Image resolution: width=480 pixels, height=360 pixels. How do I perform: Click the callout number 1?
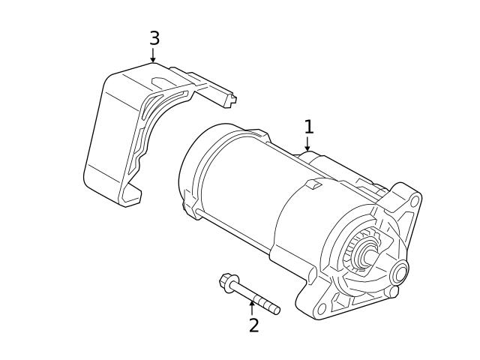tap(308, 126)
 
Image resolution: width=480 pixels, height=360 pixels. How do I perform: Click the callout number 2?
tap(253, 325)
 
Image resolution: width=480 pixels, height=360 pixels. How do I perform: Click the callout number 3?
tap(154, 38)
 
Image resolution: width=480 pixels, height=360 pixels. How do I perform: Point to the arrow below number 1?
tap(307, 145)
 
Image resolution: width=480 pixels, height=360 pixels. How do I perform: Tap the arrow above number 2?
tap(252, 306)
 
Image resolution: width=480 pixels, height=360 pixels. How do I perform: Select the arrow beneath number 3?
tap(153, 55)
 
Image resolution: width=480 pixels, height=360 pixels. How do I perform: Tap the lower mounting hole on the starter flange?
tap(322, 308)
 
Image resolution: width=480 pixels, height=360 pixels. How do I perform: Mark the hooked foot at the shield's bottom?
tap(130, 198)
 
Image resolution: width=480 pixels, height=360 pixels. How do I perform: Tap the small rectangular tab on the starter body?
tap(315, 183)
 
